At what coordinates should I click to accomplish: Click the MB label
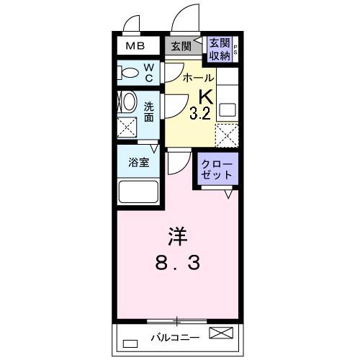pyautogui.click(x=135, y=47)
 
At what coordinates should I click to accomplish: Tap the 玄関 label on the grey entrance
pyautogui.click(x=181, y=47)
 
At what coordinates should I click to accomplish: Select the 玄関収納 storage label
pyautogui.click(x=220, y=48)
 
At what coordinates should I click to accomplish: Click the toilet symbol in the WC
pyautogui.click(x=130, y=72)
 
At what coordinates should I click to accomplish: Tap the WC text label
pyautogui.click(x=148, y=72)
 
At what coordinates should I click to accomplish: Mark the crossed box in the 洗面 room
pyautogui.click(x=129, y=127)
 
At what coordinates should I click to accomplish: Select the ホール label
pyautogui.click(x=197, y=78)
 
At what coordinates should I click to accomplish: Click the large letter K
pyautogui.click(x=205, y=96)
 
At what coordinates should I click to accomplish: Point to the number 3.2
pyautogui.click(x=199, y=113)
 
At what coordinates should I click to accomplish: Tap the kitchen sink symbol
pyautogui.click(x=228, y=110)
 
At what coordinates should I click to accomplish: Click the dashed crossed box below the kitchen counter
pyautogui.click(x=228, y=135)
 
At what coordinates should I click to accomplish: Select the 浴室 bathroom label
pyautogui.click(x=139, y=163)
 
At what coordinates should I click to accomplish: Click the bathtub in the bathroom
pyautogui.click(x=139, y=192)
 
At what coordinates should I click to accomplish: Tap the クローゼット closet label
pyautogui.click(x=218, y=170)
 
